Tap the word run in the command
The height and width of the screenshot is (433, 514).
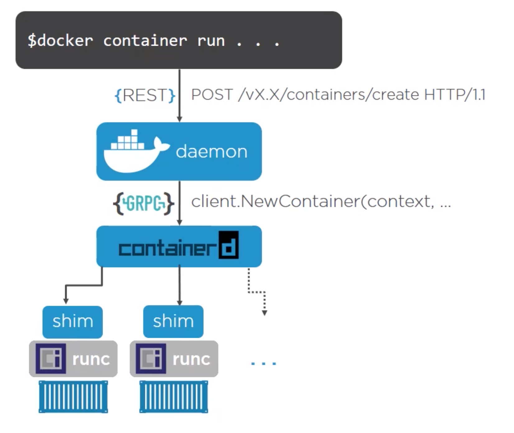(x=211, y=41)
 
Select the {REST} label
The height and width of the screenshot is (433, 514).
(x=145, y=95)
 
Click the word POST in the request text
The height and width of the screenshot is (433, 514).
(x=212, y=95)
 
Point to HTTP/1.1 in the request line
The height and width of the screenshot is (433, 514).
(x=455, y=95)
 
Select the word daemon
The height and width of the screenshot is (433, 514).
(x=212, y=152)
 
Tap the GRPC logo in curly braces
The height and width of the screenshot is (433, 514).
(x=143, y=203)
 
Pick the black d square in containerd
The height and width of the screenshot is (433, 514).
(x=229, y=245)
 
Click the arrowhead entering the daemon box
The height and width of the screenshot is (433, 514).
(x=179, y=119)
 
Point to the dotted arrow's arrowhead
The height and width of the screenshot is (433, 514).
(x=264, y=313)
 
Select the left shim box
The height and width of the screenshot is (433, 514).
(x=72, y=322)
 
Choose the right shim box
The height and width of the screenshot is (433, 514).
(x=173, y=322)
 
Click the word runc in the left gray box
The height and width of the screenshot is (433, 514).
(x=91, y=359)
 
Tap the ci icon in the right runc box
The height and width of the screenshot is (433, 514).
(x=151, y=359)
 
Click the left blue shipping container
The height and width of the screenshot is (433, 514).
(x=73, y=397)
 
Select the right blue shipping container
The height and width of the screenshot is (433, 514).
(x=174, y=397)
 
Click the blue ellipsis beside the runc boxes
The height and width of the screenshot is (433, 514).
(x=264, y=363)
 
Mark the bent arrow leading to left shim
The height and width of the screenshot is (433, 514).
(x=83, y=285)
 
